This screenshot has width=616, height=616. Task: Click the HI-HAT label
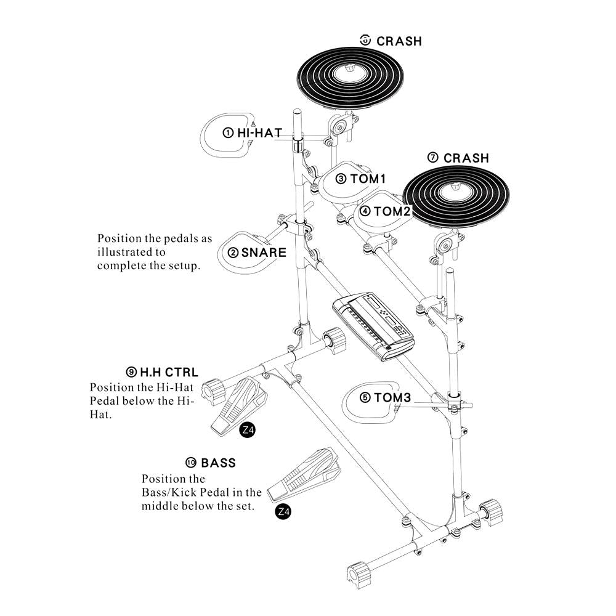[259, 132]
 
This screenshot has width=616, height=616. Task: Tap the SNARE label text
[264, 253]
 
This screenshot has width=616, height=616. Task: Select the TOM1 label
[368, 179]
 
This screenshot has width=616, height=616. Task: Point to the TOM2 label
[392, 211]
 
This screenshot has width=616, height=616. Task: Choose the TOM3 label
[392, 398]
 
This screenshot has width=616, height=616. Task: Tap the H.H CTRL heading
[169, 372]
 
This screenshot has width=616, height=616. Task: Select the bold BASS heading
[218, 463]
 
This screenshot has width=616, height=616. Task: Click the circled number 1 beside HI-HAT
[228, 132]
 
